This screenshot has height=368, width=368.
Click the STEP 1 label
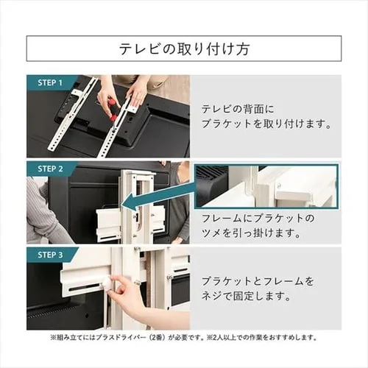click(x=50, y=82)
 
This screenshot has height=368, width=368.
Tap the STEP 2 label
click(x=50, y=169)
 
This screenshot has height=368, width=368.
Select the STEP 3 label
click(x=50, y=255)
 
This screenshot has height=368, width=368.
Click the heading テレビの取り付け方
click(x=184, y=49)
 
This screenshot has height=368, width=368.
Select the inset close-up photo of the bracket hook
click(x=266, y=186)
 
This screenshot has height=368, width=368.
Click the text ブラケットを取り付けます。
click(x=266, y=124)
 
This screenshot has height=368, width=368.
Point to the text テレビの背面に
click(x=238, y=110)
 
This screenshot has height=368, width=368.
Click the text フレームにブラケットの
click(x=258, y=218)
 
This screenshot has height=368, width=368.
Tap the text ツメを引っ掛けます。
click(x=251, y=233)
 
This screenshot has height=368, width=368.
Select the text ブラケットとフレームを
click(x=258, y=281)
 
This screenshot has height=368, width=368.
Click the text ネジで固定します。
click(x=246, y=297)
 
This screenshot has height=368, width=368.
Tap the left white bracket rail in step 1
click(x=74, y=116)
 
